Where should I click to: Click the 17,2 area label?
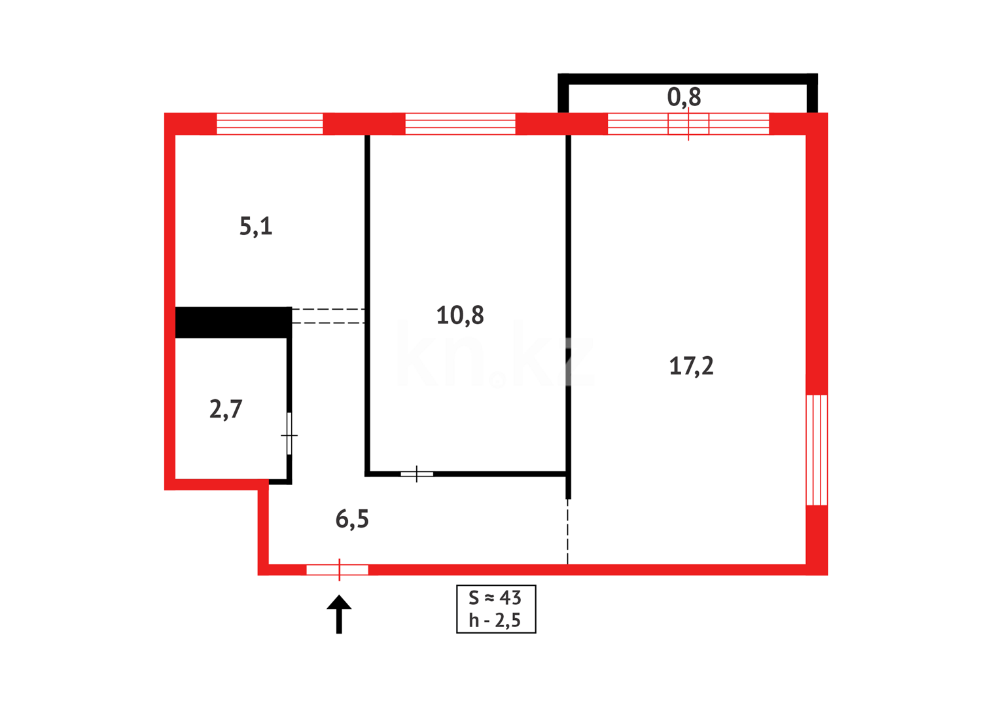(x=691, y=366)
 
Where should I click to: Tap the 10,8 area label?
(x=460, y=316)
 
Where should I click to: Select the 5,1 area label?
(x=255, y=227)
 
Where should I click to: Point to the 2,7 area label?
(x=226, y=409)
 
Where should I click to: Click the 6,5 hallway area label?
(x=352, y=519)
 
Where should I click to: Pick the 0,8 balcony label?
(x=684, y=98)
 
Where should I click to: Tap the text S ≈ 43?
(x=495, y=598)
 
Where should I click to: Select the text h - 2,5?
(x=495, y=620)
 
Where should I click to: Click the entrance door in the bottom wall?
(x=338, y=570)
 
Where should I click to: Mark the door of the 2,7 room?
(x=289, y=434)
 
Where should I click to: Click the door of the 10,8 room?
(x=417, y=473)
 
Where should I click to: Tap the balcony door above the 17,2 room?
(x=688, y=124)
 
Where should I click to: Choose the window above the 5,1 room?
(x=270, y=124)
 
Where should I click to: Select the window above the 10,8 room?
(x=460, y=124)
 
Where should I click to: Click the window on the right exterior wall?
(x=817, y=450)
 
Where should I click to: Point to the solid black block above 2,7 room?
(x=233, y=323)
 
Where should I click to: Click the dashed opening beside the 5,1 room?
(x=328, y=316)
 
